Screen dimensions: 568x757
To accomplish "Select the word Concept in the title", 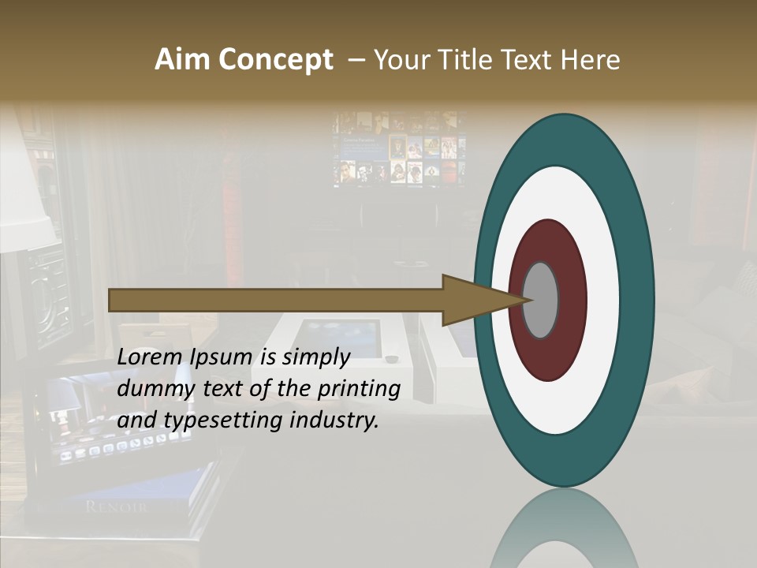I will [x=276, y=61].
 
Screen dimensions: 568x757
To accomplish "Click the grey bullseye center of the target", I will [x=541, y=300].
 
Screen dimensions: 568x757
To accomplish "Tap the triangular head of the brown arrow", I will [x=473, y=300].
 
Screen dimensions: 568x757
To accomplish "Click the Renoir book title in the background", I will [x=115, y=506].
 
